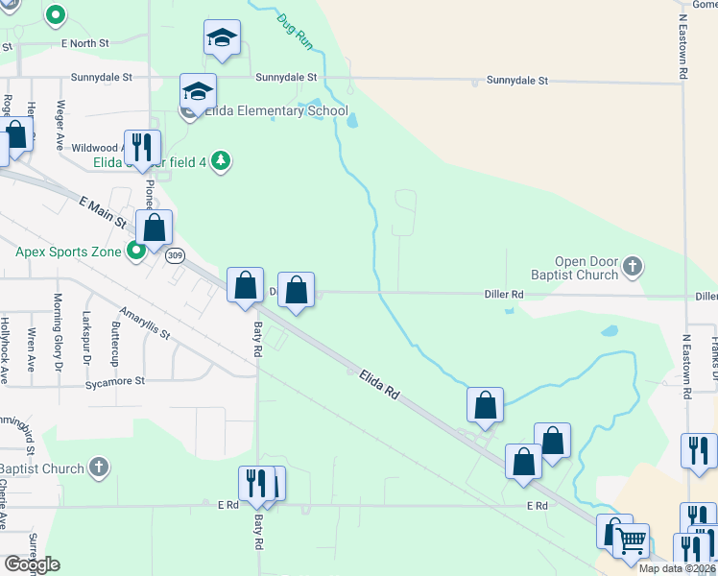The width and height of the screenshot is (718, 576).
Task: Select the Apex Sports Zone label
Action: [x=68, y=252]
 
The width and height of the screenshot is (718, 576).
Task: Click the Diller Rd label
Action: [x=504, y=294]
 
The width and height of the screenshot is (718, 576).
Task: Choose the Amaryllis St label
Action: [x=144, y=323]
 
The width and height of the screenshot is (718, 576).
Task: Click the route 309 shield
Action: [x=174, y=255]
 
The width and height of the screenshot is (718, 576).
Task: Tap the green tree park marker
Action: [x=222, y=160]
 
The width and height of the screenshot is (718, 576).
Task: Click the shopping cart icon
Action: [x=631, y=540]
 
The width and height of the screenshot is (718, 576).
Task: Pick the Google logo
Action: [x=32, y=564]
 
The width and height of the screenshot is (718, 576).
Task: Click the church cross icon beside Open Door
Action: [x=632, y=266]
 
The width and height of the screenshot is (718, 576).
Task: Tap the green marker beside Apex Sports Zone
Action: [x=136, y=252]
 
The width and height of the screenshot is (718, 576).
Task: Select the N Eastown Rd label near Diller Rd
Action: [x=687, y=366]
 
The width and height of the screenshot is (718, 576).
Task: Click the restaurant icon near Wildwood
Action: [x=141, y=147]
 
